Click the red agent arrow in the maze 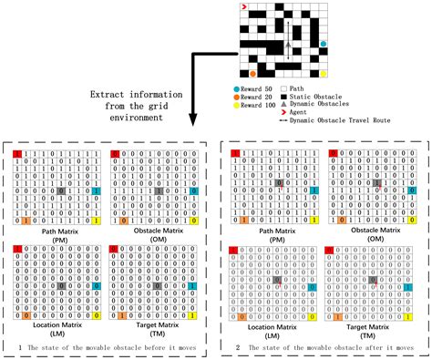244,6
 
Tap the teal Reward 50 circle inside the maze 324,42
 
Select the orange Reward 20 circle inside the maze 252,72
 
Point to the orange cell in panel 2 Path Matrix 242,221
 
